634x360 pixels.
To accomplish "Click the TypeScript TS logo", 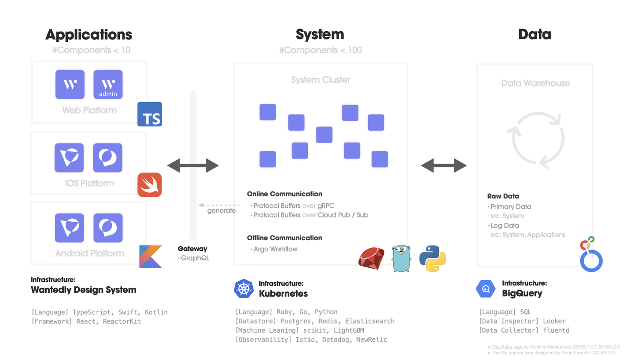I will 150,114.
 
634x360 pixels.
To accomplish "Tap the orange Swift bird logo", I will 150,185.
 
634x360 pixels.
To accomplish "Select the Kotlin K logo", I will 150,257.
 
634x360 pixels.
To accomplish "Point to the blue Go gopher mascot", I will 401,258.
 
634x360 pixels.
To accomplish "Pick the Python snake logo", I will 432,258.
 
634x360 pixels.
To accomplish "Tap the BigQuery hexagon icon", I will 486,289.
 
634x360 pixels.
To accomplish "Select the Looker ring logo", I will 591,255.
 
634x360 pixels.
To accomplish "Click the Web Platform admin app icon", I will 108,84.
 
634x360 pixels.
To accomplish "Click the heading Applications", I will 88,34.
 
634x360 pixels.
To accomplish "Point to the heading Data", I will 534,34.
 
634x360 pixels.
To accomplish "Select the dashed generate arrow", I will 219,205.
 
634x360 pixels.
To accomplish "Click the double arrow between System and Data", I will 444,165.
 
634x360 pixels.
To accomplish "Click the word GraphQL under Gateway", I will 195,258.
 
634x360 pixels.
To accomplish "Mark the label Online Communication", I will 284,194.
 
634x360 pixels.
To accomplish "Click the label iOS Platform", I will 88,183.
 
